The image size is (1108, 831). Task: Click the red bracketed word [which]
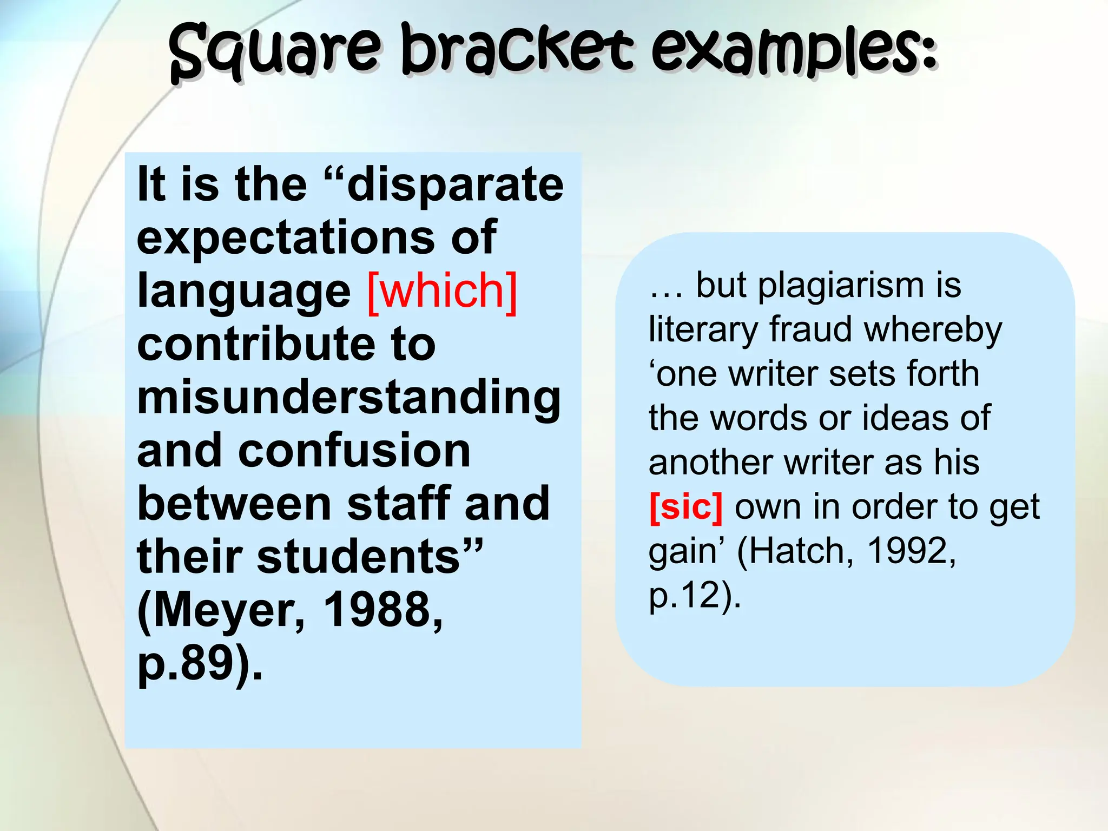(x=442, y=292)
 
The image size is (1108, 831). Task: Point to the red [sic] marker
(x=685, y=507)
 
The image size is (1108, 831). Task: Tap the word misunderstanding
(x=349, y=398)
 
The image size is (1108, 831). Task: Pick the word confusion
(x=354, y=451)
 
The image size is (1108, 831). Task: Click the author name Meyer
(x=227, y=610)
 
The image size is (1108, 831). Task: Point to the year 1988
(x=382, y=610)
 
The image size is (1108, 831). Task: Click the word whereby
(x=933, y=329)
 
